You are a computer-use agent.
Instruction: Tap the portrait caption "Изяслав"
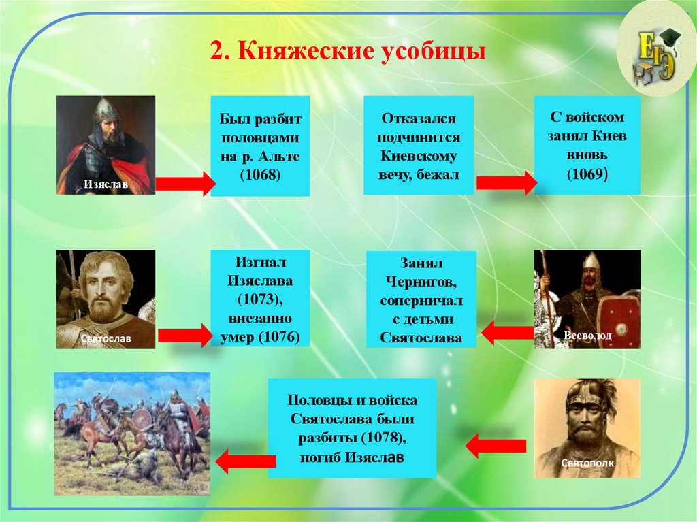[x=106, y=184]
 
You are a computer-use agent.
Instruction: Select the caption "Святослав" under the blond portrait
[x=106, y=338]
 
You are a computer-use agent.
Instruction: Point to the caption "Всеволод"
[x=587, y=336]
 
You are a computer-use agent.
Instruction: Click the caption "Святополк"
[x=587, y=463]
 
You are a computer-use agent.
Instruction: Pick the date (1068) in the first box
[x=260, y=174]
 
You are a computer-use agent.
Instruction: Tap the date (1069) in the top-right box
[x=587, y=174]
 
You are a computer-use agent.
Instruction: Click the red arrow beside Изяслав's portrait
[x=185, y=183]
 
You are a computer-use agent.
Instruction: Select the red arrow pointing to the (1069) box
[x=506, y=183]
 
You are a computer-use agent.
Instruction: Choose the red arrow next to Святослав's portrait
[x=185, y=336]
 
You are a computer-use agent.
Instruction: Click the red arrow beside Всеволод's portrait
[x=508, y=333]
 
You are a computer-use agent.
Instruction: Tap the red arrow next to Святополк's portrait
[x=496, y=446]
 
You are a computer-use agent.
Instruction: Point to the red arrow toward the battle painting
[x=246, y=461]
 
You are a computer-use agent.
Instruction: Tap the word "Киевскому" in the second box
[x=419, y=156]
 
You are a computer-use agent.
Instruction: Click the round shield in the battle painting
[x=142, y=419]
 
